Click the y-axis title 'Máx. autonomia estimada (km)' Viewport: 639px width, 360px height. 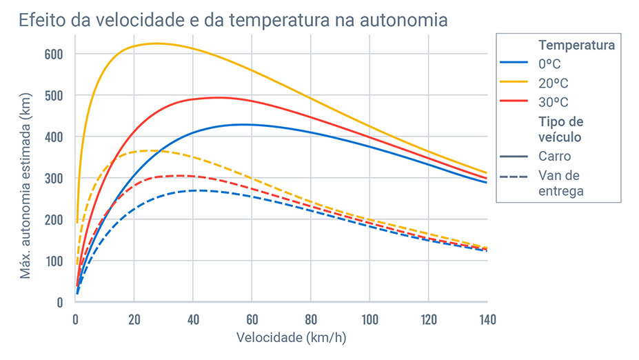(26, 178)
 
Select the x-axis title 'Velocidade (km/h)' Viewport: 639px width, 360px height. (281, 338)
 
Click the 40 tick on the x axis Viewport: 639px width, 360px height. (193, 319)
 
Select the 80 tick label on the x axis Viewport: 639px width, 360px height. (311, 319)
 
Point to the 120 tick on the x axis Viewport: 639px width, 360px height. (428, 319)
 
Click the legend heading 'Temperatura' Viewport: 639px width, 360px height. (576, 46)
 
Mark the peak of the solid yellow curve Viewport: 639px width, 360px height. (156, 43)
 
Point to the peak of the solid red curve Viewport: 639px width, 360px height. (217, 97)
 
